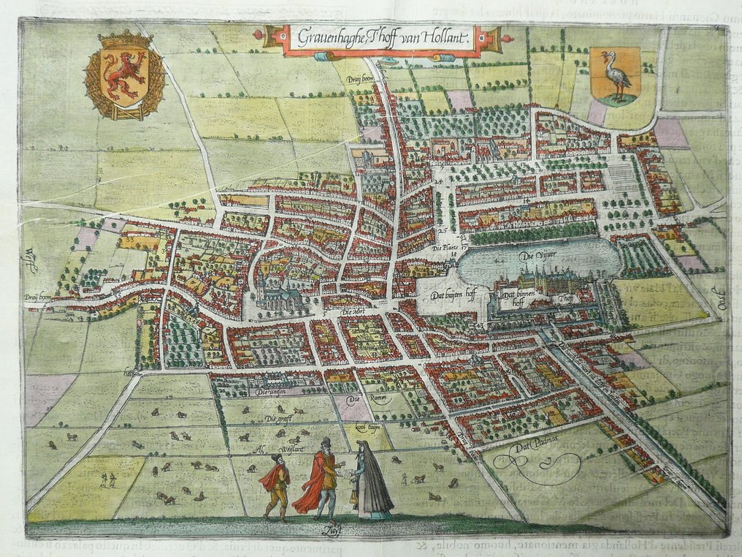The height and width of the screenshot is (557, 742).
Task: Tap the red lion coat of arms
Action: pyautogui.click(x=124, y=75)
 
